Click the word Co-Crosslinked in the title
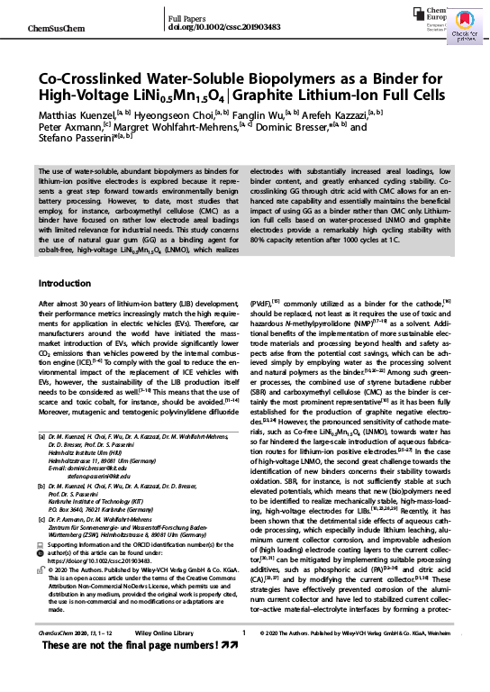pos(111,79)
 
